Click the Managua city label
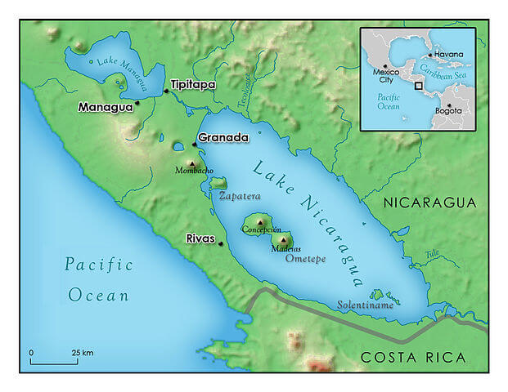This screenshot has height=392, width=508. coord(105,107)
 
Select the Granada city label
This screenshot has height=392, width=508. coord(223,138)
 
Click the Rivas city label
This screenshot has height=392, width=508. coord(200,239)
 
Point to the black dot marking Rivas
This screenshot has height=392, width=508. coord(220,243)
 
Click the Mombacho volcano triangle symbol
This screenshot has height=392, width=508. coord(194,164)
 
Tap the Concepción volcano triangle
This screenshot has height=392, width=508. coord(260,221)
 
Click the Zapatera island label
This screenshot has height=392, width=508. coord(239,196)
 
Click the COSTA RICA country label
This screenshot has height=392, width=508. coord(413,357)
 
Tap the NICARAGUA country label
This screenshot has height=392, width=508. coord(430,202)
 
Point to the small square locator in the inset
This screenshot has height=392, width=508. coord(419,84)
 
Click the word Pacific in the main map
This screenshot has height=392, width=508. coord(99,264)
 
